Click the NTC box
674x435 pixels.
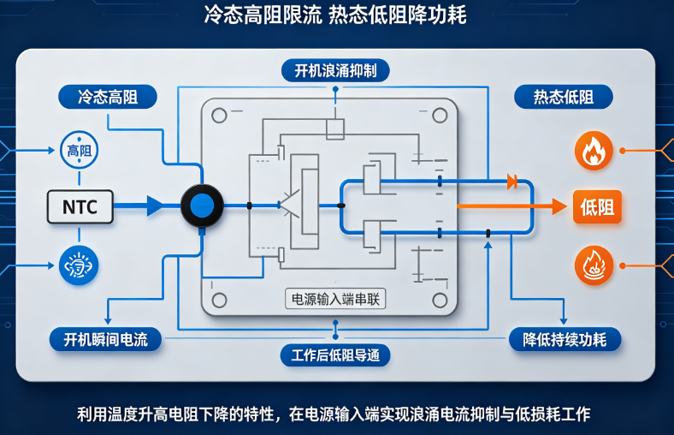80,207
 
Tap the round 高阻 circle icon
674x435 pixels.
79,150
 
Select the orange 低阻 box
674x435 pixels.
597,207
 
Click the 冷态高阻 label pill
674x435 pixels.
108,97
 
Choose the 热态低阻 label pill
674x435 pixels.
564,97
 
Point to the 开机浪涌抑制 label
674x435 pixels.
335,70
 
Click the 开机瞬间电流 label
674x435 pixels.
106,339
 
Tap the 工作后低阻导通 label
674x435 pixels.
335,355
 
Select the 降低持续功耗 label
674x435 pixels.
565,339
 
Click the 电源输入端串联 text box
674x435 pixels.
335,299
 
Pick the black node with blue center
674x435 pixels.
202,206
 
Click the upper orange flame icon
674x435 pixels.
594,151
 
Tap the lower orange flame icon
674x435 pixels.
594,265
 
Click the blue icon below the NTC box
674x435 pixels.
79,265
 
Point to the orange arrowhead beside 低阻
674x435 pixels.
559,206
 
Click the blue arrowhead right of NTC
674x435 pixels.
155,206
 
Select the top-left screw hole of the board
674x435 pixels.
219,116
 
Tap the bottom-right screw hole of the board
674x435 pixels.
440,300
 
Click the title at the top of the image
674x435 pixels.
335,15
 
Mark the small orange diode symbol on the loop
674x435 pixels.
512,182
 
